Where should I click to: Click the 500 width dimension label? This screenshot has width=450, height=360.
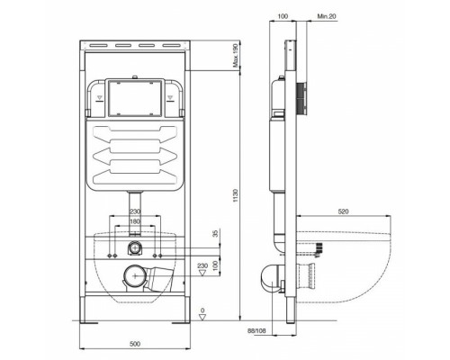[x=135, y=344]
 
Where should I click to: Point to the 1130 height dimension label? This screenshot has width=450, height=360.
[x=235, y=195]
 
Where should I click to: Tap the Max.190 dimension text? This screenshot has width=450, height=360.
[x=236, y=56]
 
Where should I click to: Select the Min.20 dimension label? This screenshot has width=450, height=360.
[x=327, y=16]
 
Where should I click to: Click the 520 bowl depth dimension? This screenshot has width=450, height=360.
[x=343, y=211]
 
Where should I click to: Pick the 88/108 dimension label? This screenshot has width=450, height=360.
[x=256, y=331]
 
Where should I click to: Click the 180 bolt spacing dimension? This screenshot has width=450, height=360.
[x=135, y=221]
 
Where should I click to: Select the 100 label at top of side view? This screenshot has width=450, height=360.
[x=283, y=16]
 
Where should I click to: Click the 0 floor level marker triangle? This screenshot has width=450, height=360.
[x=202, y=317]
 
